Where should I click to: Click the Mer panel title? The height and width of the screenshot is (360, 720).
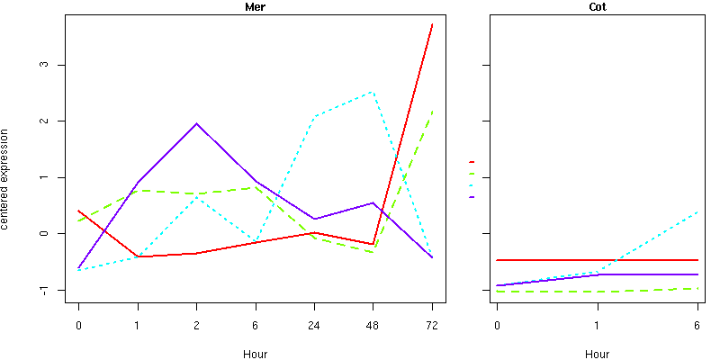click(x=255, y=7)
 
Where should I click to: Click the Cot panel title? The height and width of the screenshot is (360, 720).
click(x=596, y=7)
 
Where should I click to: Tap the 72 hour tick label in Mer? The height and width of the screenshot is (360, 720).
click(x=432, y=326)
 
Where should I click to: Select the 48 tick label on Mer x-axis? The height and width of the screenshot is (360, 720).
click(x=373, y=326)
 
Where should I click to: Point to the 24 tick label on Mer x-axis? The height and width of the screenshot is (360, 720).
click(x=314, y=326)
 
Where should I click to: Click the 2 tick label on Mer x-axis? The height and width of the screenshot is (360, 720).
click(x=196, y=326)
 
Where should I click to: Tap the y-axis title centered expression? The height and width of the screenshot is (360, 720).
click(x=6, y=177)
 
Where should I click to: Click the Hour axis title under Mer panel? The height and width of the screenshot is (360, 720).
click(x=255, y=355)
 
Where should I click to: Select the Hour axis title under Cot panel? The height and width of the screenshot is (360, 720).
click(x=596, y=355)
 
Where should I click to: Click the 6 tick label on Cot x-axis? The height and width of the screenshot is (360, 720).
click(x=697, y=326)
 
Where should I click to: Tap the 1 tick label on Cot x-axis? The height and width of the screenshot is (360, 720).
click(x=597, y=326)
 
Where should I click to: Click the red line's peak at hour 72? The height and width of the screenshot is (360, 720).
click(x=432, y=24)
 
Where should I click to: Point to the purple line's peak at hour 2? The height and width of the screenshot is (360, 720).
click(x=196, y=123)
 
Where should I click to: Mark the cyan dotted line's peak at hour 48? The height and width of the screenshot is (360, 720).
click(x=373, y=92)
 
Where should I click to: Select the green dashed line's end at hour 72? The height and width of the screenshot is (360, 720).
click(x=432, y=112)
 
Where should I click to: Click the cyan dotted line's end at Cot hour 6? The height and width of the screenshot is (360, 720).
click(x=697, y=212)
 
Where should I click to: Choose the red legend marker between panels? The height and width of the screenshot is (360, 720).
click(x=472, y=162)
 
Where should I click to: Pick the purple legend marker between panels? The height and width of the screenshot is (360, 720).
click(x=472, y=196)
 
